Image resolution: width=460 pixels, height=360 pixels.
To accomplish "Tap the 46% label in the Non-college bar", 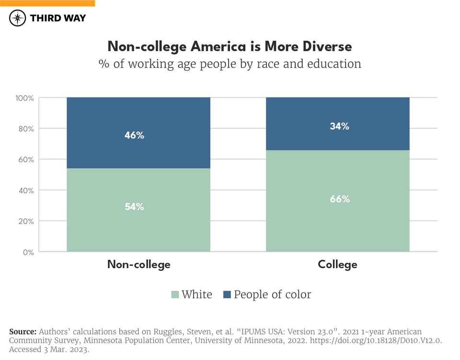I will tap(135, 135).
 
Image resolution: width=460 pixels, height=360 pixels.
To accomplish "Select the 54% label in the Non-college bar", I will tap(135, 207).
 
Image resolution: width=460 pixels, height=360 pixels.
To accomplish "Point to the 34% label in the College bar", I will tap(339, 126).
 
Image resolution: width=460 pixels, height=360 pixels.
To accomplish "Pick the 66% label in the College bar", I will tap(339, 199).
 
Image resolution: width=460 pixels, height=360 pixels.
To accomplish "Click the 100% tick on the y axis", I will tap(24, 98).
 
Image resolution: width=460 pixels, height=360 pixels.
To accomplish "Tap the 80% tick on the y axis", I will tap(25, 129).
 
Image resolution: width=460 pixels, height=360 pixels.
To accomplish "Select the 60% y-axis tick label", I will tap(25, 159).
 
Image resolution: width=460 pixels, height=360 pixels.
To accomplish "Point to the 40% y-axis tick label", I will tap(25, 191).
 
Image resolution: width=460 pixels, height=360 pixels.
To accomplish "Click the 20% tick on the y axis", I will tap(25, 221).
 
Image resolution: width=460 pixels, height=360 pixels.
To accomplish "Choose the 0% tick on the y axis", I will tap(28, 252).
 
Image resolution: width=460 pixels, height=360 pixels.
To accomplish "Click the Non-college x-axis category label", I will tap(138, 264).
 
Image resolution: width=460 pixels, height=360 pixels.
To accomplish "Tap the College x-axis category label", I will tap(337, 264).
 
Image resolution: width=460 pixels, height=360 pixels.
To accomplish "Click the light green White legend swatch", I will tap(175, 294).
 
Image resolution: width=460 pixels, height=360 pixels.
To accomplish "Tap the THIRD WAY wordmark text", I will tap(58, 18).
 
